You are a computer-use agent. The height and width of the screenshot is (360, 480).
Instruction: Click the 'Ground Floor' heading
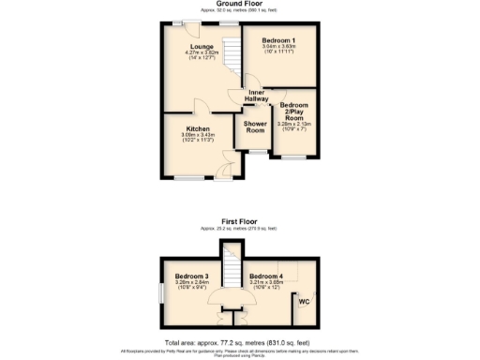239,5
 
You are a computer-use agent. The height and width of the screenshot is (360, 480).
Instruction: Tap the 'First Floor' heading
239,220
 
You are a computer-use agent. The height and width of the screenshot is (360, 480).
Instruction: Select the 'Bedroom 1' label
279,40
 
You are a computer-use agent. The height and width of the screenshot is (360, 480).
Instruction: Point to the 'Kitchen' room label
198,128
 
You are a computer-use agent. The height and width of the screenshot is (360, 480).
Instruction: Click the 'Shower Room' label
255,127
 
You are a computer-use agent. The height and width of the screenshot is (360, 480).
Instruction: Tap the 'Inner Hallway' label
256,95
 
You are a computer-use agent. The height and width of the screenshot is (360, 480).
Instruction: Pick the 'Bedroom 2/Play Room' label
294,112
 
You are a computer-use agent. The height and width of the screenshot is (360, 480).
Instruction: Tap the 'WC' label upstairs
303,301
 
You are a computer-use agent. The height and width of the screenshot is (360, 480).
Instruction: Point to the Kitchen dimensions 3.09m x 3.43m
198,139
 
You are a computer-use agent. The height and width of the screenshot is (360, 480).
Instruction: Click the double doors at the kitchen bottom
221,172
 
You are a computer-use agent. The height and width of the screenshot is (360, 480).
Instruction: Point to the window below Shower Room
256,151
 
